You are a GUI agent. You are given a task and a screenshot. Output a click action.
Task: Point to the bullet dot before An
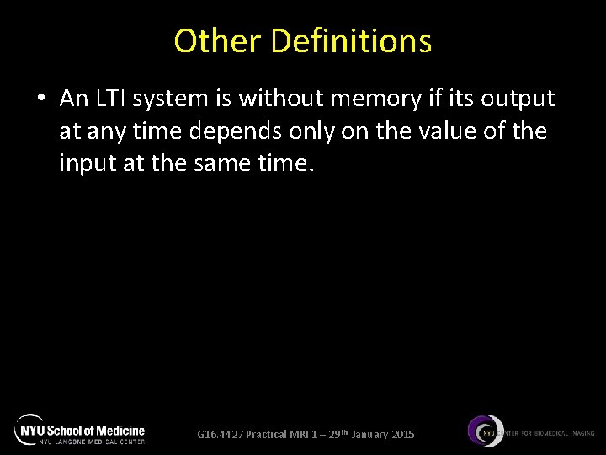click(41, 99)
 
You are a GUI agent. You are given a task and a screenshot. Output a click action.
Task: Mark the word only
click(325, 132)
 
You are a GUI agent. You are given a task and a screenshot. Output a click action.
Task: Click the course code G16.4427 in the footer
click(221, 435)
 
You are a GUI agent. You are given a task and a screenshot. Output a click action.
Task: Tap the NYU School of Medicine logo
click(80, 430)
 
